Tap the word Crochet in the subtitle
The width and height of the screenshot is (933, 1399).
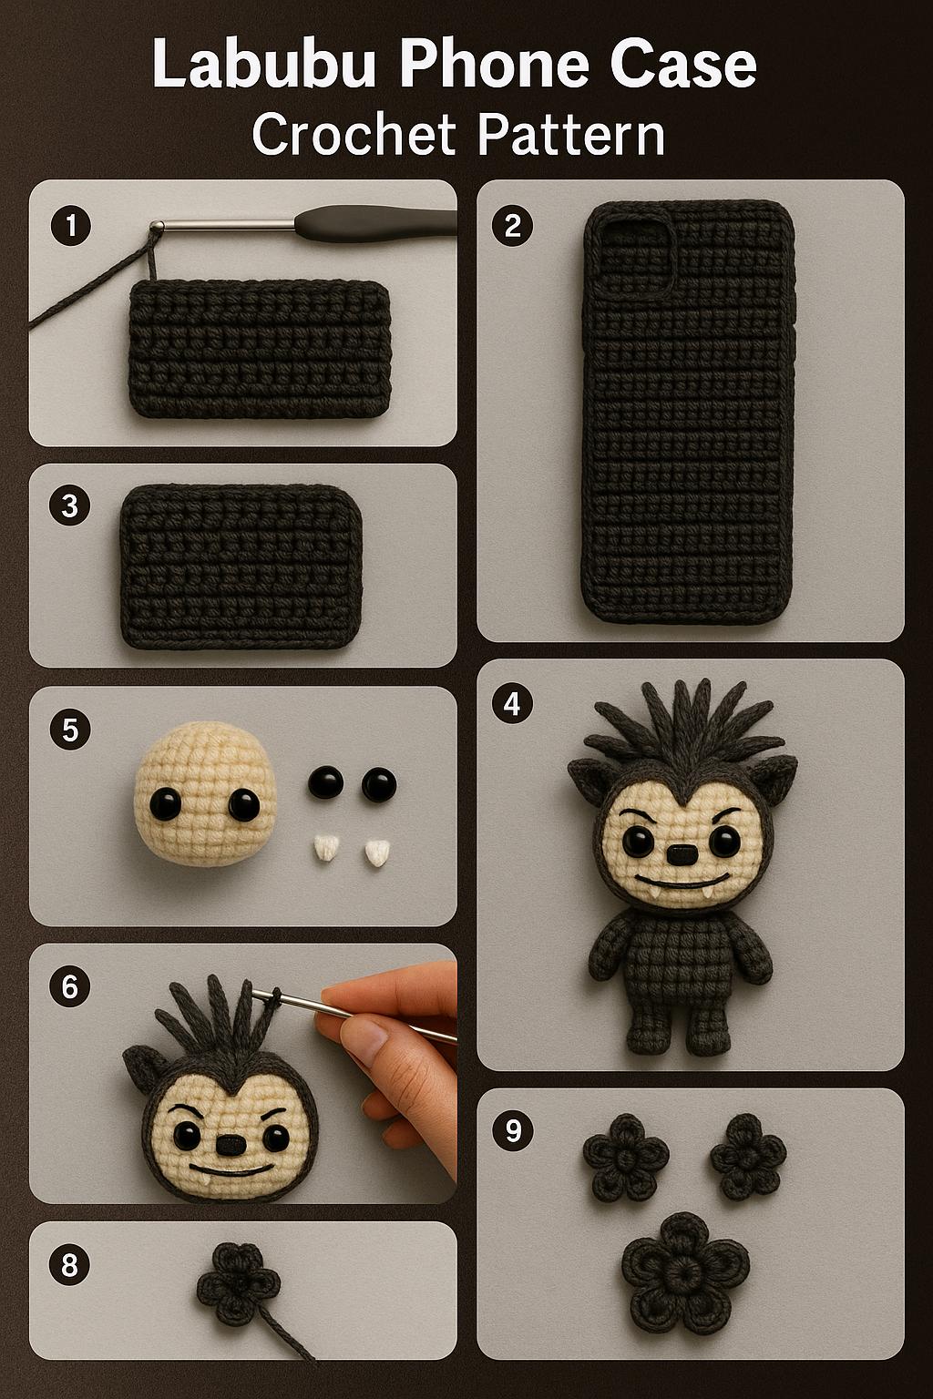click(354, 135)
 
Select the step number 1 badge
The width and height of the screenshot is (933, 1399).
click(71, 224)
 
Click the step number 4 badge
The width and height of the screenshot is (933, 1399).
click(512, 703)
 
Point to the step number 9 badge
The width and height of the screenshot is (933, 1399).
click(512, 1130)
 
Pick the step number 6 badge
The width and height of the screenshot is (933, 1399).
click(71, 986)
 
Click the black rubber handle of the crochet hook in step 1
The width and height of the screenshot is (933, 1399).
click(374, 221)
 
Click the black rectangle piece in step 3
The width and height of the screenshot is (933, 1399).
click(241, 567)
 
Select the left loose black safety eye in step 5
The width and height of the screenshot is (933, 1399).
click(325, 782)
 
